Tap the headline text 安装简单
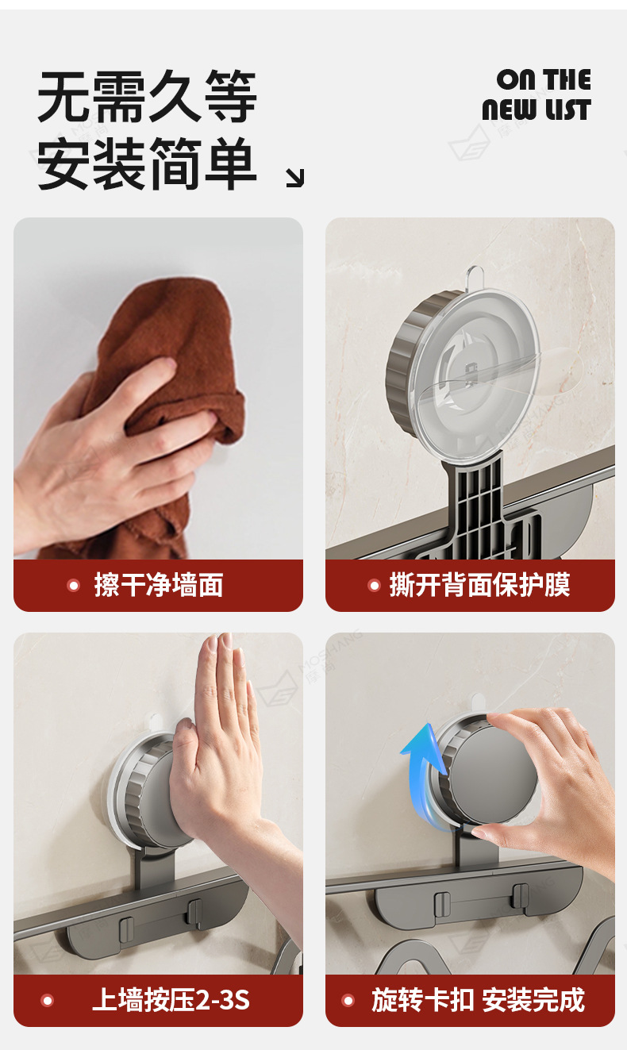coord(147,163)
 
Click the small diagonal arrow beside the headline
coord(295,178)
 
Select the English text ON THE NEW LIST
coord(537,94)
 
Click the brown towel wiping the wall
coord(173,356)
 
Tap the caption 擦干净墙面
coord(159,585)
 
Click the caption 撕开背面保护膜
coord(479,585)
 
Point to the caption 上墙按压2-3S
coord(171,1000)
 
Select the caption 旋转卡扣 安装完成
coord(479,1000)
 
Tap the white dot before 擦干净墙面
coord(74,585)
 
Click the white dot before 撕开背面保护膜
coord(374,585)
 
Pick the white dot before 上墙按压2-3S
coord(48,1000)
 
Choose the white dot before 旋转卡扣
coord(348,1000)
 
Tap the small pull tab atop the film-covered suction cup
coord(475,278)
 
